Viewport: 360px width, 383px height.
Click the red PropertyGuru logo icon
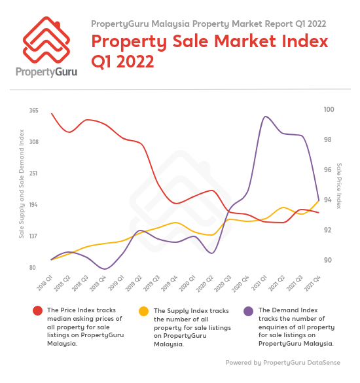click(x=46, y=41)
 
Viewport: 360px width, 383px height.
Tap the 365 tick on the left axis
click(x=33, y=111)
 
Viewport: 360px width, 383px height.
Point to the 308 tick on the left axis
click(x=33, y=142)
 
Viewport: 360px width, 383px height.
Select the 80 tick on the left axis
click(x=32, y=268)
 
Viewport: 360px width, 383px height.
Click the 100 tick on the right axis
click(x=329, y=110)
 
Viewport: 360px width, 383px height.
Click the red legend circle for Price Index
click(x=37, y=310)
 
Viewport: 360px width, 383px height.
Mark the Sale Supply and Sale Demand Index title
click(x=21, y=187)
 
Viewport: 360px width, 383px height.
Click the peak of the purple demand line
click(x=265, y=117)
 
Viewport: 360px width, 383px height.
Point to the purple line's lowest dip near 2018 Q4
click(x=105, y=268)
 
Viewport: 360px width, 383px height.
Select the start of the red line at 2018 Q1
click(x=52, y=114)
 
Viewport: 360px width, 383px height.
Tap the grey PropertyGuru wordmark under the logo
click(x=46, y=71)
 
